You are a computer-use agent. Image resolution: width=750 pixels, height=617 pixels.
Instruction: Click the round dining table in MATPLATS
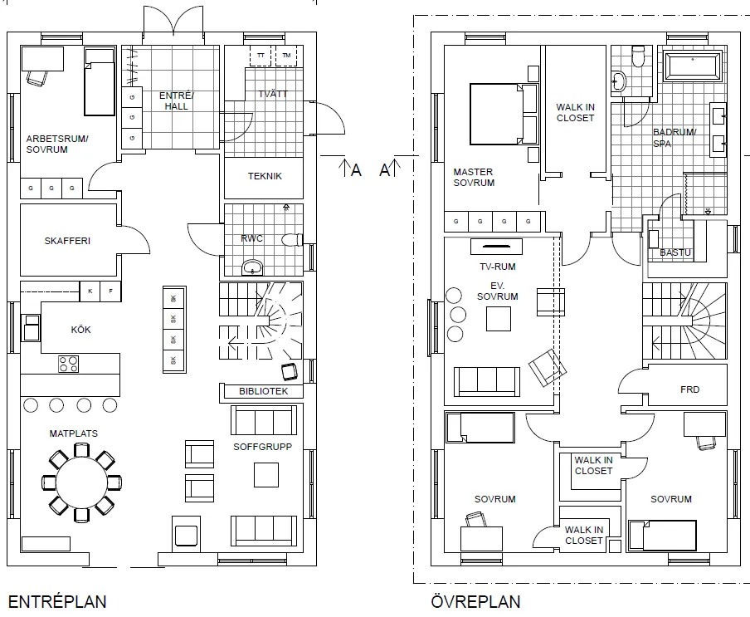tap(81, 481)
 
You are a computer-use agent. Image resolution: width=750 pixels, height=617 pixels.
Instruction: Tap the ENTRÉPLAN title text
tap(56, 601)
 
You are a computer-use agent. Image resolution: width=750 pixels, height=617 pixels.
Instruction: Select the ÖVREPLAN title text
tap(475, 601)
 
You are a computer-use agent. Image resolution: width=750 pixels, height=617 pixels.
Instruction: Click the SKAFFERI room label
tap(67, 242)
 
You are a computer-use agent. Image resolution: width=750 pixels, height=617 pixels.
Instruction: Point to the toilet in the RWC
tap(292, 240)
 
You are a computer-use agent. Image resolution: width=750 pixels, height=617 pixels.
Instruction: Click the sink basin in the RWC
tap(252, 267)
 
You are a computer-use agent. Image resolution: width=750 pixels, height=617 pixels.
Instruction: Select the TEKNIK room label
tap(265, 176)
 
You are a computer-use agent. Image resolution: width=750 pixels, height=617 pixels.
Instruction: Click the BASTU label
tap(675, 252)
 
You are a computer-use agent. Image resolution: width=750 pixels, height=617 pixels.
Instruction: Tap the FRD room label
tap(689, 389)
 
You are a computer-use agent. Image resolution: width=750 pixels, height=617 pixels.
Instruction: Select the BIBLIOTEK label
tap(263, 391)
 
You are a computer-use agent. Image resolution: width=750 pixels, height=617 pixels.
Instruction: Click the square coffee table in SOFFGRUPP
tap(266, 473)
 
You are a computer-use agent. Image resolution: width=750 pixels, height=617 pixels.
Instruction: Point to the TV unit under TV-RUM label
tap(497, 247)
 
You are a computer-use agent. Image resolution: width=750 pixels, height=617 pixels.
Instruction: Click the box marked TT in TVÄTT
tap(261, 56)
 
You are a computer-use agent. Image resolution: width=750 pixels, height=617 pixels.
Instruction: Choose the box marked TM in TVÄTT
tap(287, 56)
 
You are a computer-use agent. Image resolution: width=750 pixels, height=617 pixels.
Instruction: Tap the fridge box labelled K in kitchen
tap(90, 291)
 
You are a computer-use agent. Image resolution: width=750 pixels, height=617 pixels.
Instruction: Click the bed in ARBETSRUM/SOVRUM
tap(100, 81)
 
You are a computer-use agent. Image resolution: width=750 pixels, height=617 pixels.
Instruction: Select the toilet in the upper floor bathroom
tap(638, 56)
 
